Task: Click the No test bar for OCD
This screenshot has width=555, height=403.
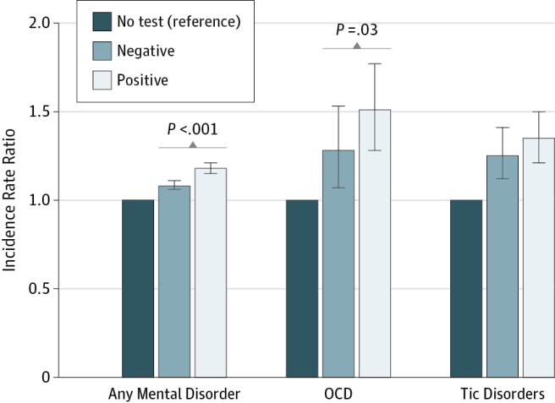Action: tap(302, 288)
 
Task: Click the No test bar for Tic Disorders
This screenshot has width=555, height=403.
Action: tap(466, 288)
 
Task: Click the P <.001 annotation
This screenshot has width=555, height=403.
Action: tap(192, 130)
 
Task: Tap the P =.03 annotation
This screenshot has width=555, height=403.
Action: tap(356, 30)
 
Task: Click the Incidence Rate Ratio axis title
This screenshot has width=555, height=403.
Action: tap(12, 200)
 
